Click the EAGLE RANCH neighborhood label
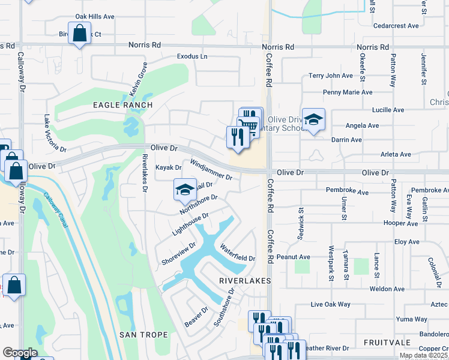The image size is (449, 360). point(122,105)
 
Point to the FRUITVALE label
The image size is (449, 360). point(387,342)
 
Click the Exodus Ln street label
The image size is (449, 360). point(191,56)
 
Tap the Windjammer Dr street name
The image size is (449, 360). point(211,170)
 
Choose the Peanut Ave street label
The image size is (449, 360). point(294,257)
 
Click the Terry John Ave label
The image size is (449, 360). point(331,76)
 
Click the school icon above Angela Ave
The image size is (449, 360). point(313,119)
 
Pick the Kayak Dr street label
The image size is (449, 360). point(168,167)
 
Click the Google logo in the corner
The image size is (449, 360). point(20,353)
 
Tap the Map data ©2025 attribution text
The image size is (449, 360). point(423,356)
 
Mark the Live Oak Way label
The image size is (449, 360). point(330,305)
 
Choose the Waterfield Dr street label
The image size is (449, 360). point(237,253)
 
